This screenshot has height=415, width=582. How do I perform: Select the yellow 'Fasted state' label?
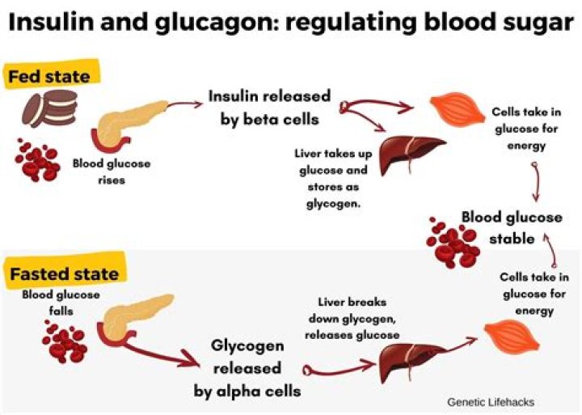63,273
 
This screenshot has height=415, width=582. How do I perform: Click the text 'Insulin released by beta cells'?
269,108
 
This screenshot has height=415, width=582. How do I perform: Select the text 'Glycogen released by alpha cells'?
247,368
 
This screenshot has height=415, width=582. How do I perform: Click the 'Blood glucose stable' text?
511,227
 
